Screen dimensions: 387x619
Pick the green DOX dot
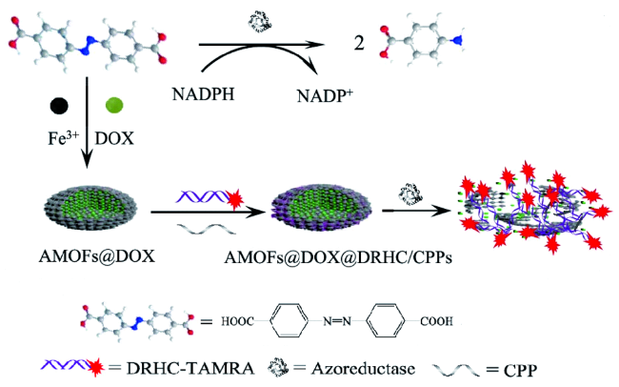coord(112,102)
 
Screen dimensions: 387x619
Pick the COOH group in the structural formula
coord(433,319)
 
